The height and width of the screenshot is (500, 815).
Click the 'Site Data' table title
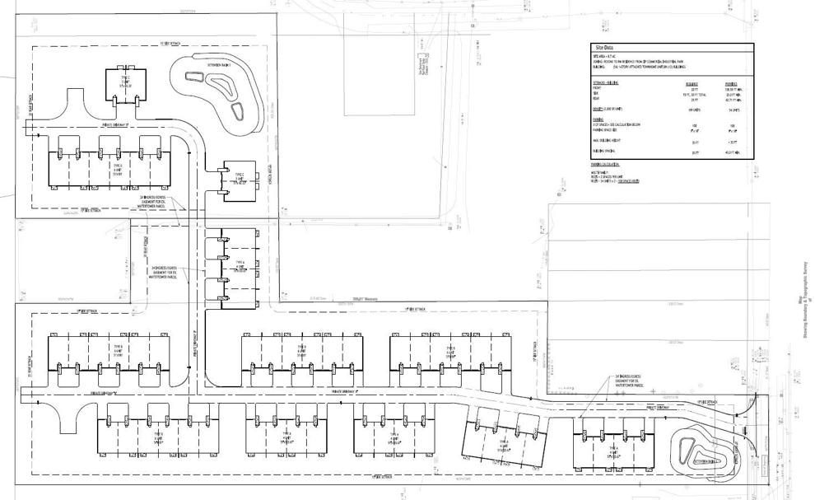(606, 49)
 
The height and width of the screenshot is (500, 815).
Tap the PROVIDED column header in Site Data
(730, 83)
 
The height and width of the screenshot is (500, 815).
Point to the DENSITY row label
(605, 109)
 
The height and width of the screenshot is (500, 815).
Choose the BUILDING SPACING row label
(605, 152)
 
